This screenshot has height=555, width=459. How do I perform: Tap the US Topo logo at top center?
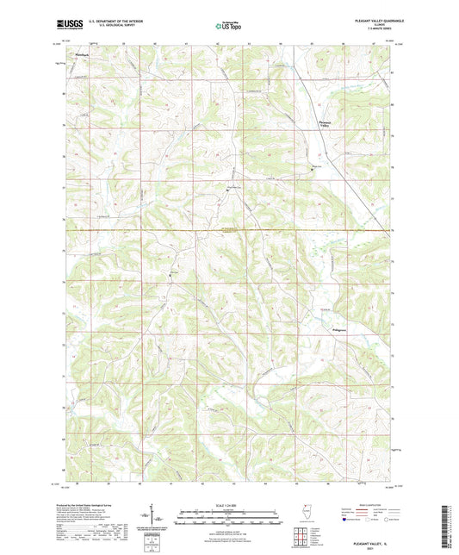(227, 26)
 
